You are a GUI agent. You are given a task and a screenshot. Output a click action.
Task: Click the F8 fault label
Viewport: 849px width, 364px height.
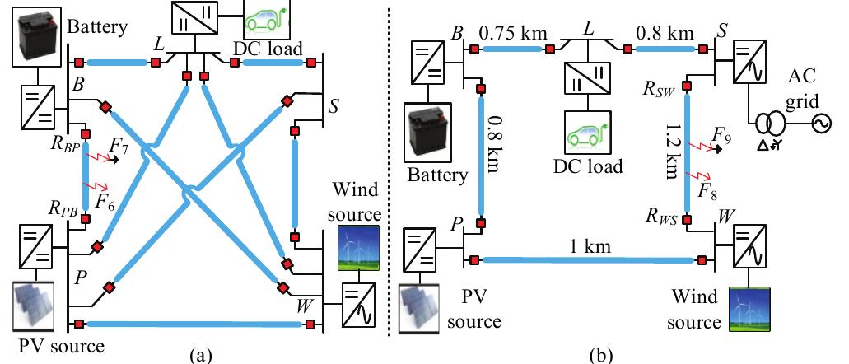pyautogui.click(x=707, y=192)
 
